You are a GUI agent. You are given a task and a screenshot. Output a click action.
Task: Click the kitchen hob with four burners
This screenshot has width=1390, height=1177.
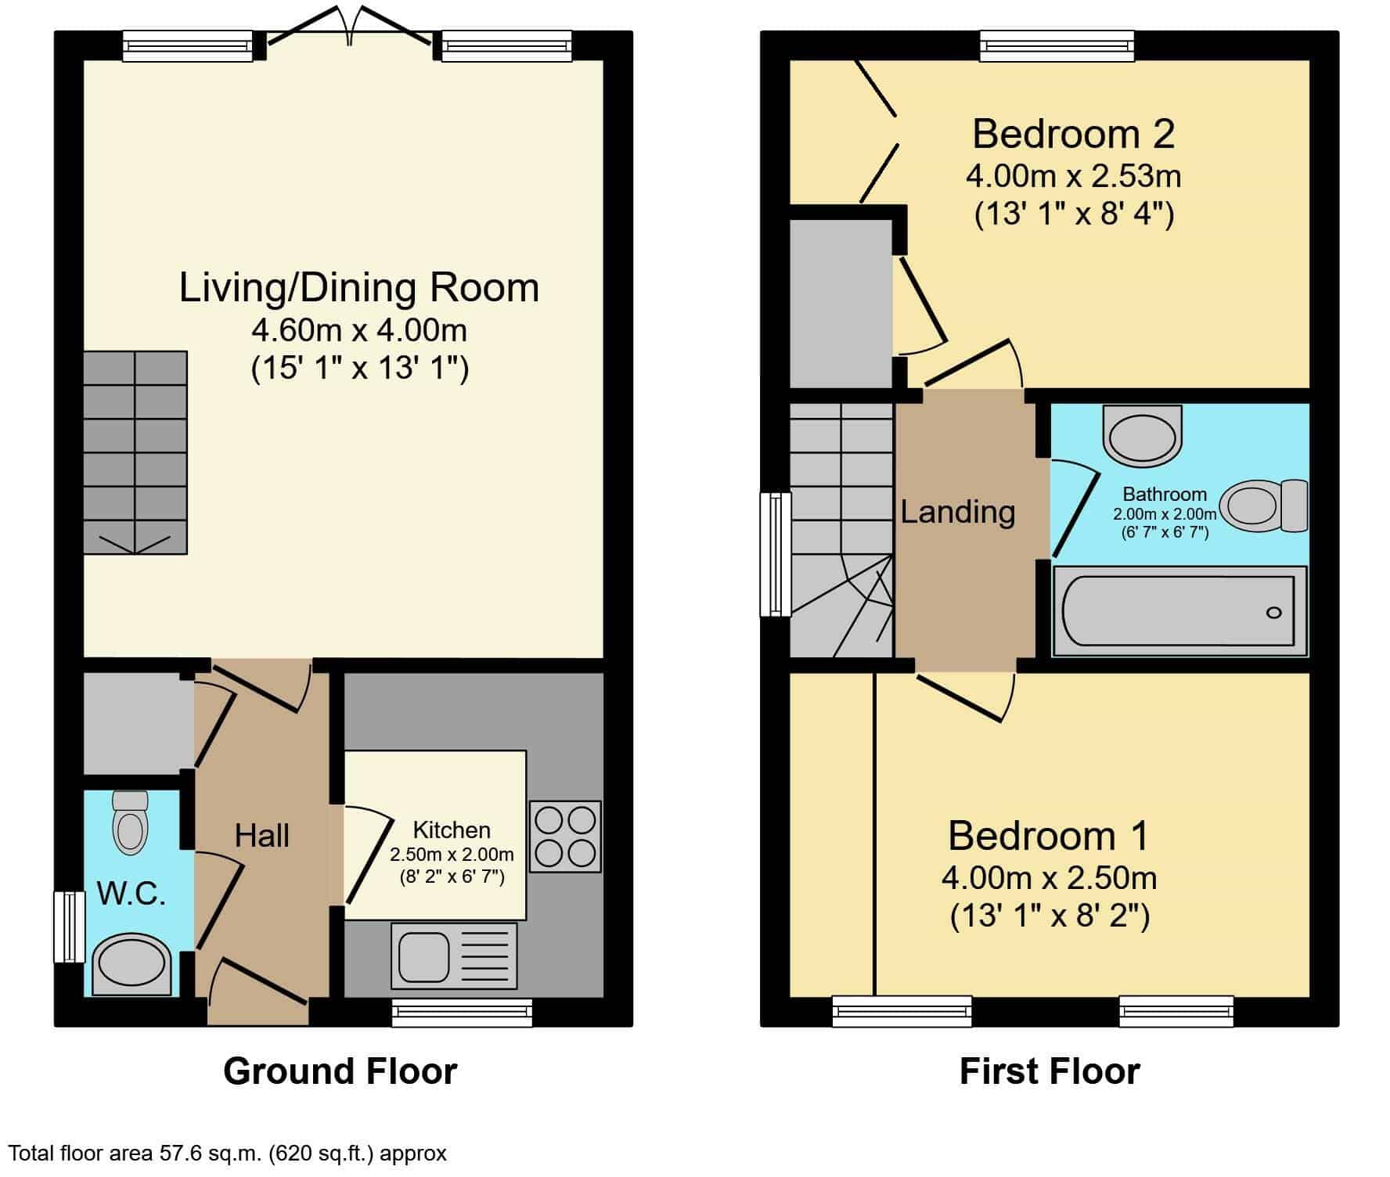pos(565,837)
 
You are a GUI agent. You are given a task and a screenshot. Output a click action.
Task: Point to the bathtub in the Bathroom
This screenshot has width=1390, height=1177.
pos(1180,611)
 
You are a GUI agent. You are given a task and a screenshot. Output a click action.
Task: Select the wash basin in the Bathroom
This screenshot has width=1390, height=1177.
pos(1143,434)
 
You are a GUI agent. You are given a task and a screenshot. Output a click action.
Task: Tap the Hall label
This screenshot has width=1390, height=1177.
pos(262,836)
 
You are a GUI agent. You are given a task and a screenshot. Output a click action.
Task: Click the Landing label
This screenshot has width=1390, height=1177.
pos(958,513)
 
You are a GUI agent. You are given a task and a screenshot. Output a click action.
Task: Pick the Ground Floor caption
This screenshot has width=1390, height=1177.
pos(340,1071)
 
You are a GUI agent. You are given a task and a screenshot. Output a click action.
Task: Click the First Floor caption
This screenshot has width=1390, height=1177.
pos(1050,1071)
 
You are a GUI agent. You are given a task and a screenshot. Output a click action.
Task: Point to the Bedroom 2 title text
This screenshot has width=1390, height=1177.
pos(1074,134)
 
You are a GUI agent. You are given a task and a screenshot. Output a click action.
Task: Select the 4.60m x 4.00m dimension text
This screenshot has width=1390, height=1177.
pos(359,330)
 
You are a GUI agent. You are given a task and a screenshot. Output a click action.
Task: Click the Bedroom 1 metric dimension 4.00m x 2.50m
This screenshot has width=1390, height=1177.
pos(1050,878)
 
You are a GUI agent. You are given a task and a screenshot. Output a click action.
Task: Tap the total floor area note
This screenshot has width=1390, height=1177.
pos(228,1153)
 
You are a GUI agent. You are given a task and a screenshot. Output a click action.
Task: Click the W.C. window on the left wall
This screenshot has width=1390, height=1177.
pos(69,926)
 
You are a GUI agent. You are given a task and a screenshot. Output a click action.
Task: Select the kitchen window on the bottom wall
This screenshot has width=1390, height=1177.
pos(462,1012)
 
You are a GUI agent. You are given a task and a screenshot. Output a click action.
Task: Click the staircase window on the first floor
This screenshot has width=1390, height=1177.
pos(776,554)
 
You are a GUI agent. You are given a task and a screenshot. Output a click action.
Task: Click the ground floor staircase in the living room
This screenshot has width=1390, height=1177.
pos(135,453)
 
